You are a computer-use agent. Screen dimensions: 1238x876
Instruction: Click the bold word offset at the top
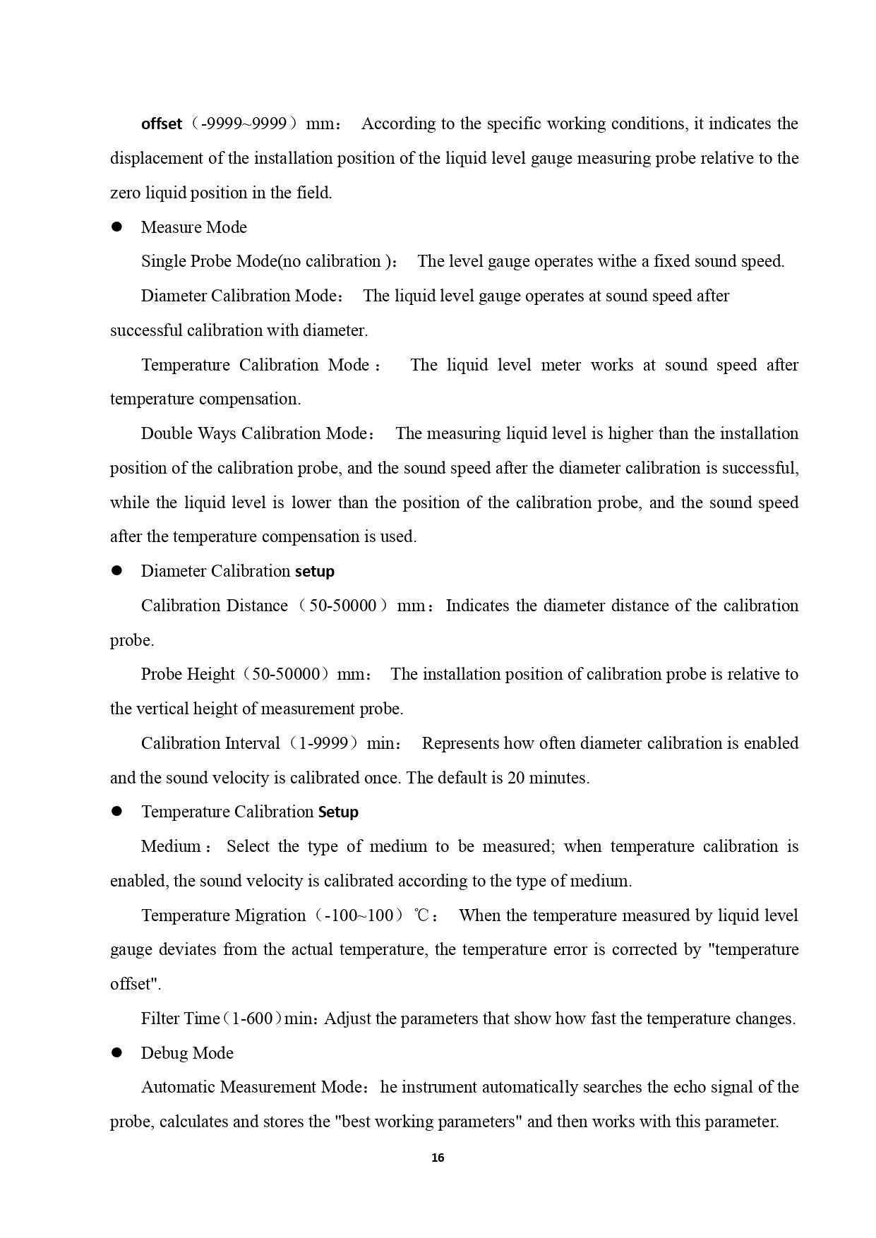pyautogui.click(x=162, y=124)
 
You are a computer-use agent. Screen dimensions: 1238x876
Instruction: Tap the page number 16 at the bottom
pyautogui.click(x=438, y=1158)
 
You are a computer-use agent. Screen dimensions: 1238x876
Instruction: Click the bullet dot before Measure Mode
pyautogui.click(x=117, y=227)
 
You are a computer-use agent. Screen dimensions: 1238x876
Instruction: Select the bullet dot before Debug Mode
pyautogui.click(x=117, y=1052)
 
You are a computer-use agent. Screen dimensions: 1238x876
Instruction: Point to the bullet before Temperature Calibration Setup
pyautogui.click(x=117, y=812)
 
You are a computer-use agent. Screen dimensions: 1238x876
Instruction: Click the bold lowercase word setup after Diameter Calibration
pyautogui.click(x=315, y=571)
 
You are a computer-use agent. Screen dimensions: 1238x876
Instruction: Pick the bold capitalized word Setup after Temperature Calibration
pyautogui.click(x=338, y=812)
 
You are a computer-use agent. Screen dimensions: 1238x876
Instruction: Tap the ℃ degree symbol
pyautogui.click(x=422, y=915)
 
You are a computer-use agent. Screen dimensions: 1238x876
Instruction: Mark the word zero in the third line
pyautogui.click(x=125, y=193)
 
